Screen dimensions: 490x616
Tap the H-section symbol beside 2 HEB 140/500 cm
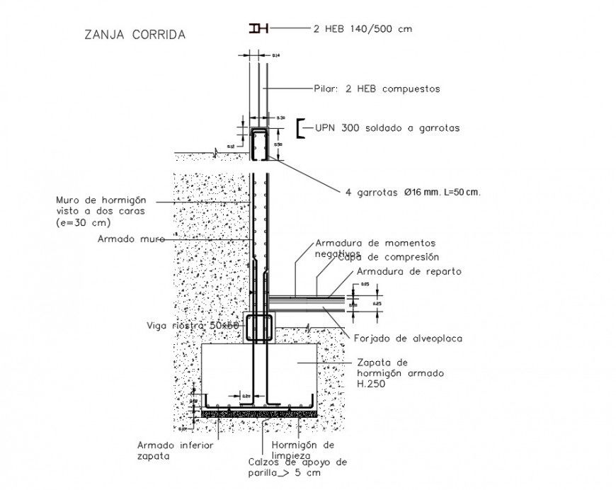pos(258,28)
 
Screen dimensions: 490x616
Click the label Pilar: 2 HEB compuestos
pos(377,89)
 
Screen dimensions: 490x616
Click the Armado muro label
pos(128,239)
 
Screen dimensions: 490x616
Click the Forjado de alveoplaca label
pos(407,338)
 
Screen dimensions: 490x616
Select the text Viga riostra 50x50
pos(193,325)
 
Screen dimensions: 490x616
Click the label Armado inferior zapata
pos(175,451)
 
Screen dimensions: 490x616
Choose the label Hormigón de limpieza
pos(303,450)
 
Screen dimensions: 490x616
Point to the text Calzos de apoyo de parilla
pos(297,467)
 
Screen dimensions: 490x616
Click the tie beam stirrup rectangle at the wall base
pos(259,327)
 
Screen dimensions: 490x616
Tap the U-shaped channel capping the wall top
pos(259,142)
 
